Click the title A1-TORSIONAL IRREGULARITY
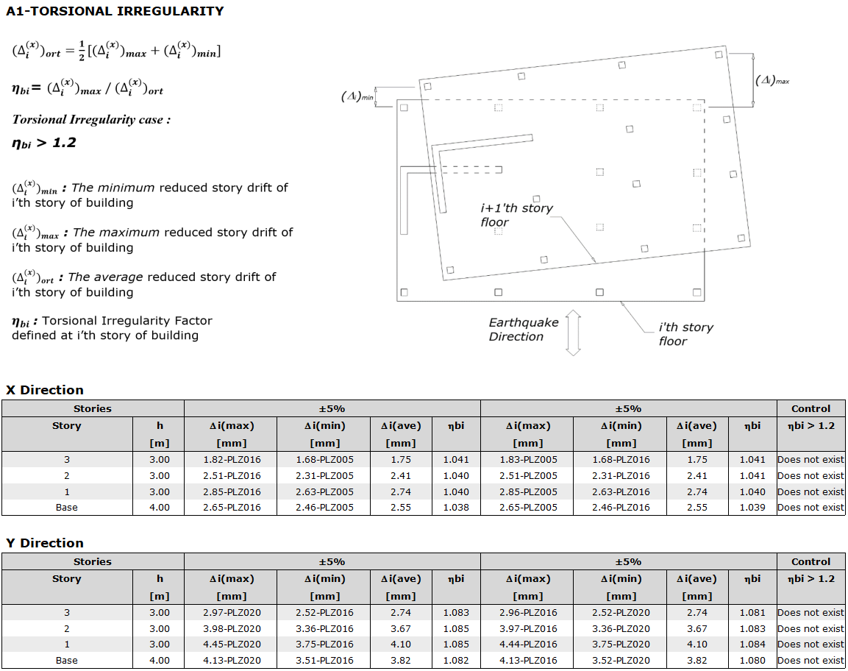pyautogui.click(x=115, y=11)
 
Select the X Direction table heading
pyautogui.click(x=45, y=390)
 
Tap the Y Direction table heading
pyautogui.click(x=45, y=543)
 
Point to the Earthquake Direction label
pyautogui.click(x=524, y=330)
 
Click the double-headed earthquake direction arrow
pyautogui.click(x=573, y=333)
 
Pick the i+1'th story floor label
pyautogui.click(x=516, y=215)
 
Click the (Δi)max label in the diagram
pyautogui.click(x=772, y=80)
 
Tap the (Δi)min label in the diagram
pyautogui.click(x=357, y=96)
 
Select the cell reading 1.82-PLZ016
pyautogui.click(x=231, y=460)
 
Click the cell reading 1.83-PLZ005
pyautogui.click(x=527, y=460)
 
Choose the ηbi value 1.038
pyautogui.click(x=456, y=507)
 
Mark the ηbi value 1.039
pyautogui.click(x=752, y=507)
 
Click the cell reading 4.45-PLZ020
pyautogui.click(x=231, y=645)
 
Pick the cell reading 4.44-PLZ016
pyautogui.click(x=527, y=645)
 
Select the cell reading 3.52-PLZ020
pyautogui.click(x=621, y=661)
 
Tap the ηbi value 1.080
pyautogui.click(x=752, y=661)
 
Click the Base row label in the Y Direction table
pyautogui.click(x=67, y=661)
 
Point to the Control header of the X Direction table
pyautogui.click(x=810, y=408)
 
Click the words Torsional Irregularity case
pyautogui.click(x=91, y=119)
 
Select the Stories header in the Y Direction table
pyautogui.click(x=93, y=561)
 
